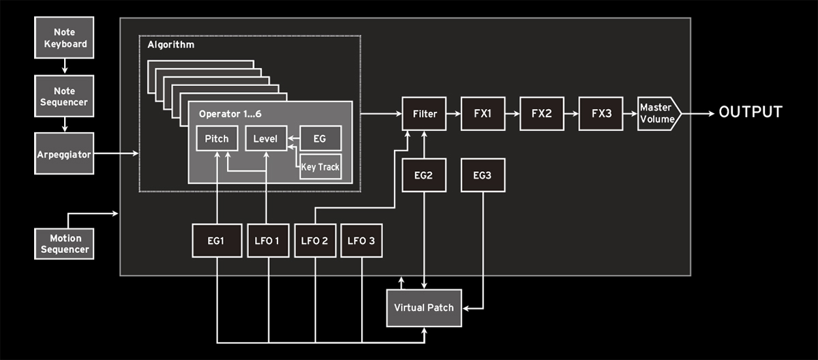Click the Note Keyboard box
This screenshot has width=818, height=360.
coord(65,38)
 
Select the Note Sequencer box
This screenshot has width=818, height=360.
coord(65,96)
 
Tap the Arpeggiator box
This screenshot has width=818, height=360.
coord(65,154)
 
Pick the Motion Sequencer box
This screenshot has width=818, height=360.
coord(65,243)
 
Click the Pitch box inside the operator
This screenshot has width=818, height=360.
coord(217,139)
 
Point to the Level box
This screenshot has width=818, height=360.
coord(265,139)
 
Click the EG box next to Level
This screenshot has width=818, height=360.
coord(320,139)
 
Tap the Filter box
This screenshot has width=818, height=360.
coord(424,113)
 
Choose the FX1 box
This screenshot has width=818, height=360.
coord(482,113)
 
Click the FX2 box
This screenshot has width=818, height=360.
coord(541,113)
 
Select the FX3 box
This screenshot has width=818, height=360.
coord(600,113)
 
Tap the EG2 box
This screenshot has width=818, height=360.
coord(424,175)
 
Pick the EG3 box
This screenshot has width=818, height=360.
coord(482,175)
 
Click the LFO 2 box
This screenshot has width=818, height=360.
coord(315,240)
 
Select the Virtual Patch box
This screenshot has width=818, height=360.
coord(424,307)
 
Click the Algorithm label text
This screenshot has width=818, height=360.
coord(171,45)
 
